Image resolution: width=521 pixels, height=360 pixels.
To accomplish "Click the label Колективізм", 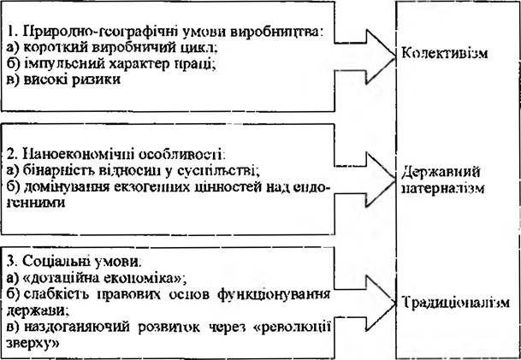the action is coord(445,53).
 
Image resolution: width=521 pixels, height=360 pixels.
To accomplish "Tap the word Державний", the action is coord(441,174).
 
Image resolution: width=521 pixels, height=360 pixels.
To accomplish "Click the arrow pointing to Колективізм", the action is coord(364,56).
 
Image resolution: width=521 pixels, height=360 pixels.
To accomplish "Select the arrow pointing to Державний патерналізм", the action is coord(364,180).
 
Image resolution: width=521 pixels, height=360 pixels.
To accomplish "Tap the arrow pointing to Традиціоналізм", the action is coord(364,303).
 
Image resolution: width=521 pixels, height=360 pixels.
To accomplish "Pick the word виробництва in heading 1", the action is coord(281,33).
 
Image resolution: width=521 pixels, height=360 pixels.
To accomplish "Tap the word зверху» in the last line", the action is coord(33,343).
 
